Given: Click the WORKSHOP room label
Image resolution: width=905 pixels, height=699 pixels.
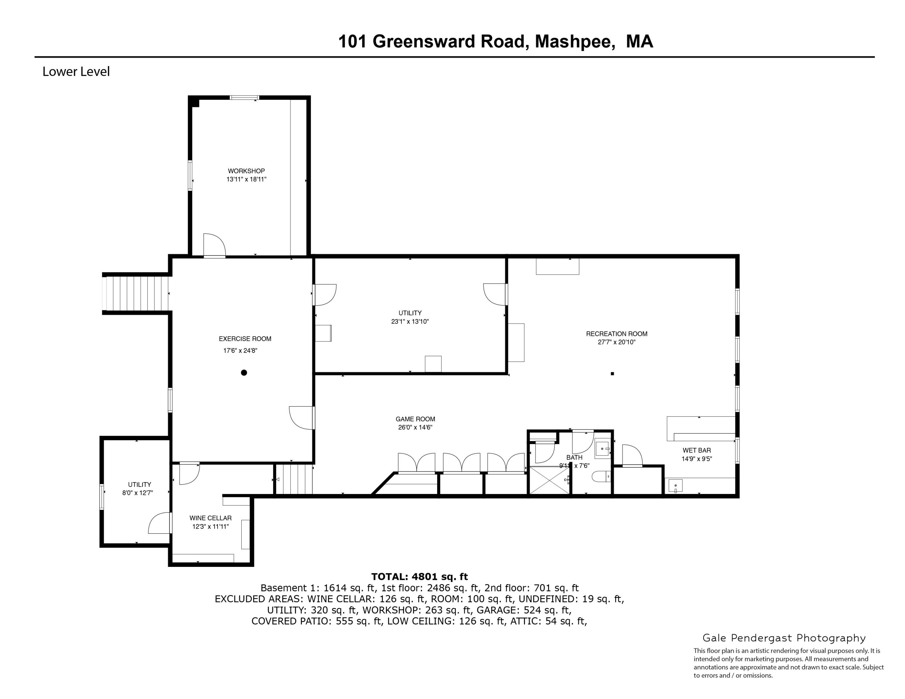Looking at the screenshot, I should tap(246, 171).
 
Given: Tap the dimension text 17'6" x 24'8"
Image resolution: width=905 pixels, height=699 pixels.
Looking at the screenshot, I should tap(240, 351).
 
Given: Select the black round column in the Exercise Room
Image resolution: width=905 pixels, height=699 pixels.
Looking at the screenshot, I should tap(244, 373).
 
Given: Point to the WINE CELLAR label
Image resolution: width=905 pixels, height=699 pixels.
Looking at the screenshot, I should tap(211, 518).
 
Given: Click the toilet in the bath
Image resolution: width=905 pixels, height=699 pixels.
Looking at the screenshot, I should tap(601, 477).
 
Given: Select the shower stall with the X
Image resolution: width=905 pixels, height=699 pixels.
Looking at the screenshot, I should tap(549, 480).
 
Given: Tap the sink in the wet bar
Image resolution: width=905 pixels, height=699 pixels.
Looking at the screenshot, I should tap(675, 485).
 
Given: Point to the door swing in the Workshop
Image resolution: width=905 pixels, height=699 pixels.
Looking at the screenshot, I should tap(214, 245).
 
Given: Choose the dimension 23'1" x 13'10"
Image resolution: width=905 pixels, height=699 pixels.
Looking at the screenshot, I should tap(410, 321).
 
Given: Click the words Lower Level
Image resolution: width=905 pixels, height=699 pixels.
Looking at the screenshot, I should tap(76, 72).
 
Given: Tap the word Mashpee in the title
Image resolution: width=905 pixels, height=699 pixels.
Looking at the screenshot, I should tap(575, 41).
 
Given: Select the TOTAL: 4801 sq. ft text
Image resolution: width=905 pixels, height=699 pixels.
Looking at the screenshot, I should tap(419, 577).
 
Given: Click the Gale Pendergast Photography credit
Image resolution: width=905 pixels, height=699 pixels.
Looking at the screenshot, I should tap(784, 638).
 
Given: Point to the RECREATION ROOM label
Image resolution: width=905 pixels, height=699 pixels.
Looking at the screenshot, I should tap(617, 334).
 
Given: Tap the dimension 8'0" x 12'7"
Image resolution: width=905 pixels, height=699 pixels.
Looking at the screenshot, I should tap(138, 493).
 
